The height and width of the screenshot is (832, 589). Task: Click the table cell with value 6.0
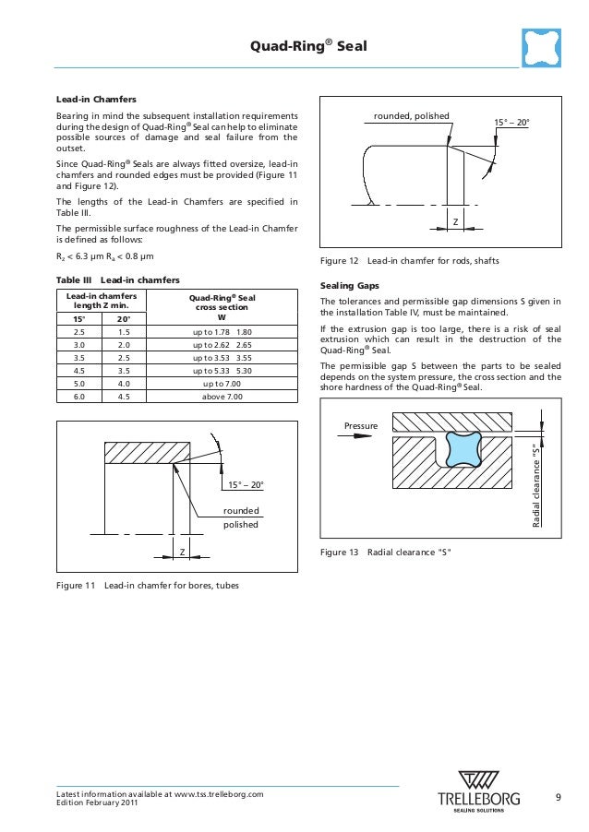coord(78,396)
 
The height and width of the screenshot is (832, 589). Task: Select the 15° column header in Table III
coord(78,319)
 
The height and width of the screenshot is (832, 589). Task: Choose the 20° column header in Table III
coord(124,319)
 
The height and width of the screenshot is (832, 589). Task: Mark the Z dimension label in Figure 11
coord(182,553)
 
